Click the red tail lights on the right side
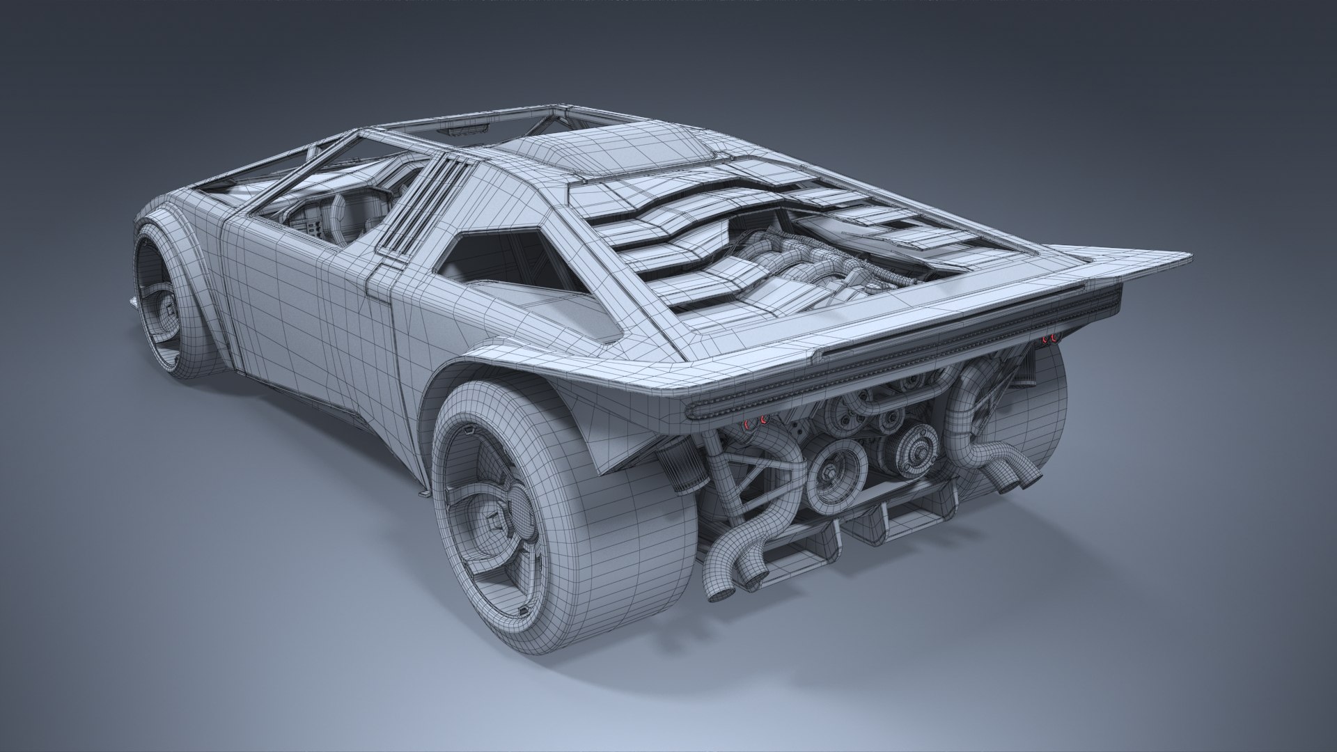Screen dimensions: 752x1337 [1049, 338]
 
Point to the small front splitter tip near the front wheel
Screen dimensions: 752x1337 [132, 301]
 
